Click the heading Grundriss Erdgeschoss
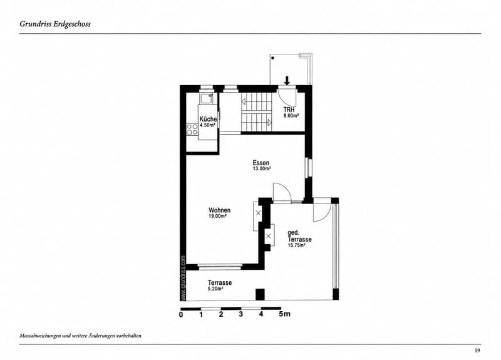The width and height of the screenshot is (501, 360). [x=55, y=24]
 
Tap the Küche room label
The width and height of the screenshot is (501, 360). [x=209, y=119]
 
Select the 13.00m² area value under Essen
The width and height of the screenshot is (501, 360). [x=262, y=168]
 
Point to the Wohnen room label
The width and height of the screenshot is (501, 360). [x=220, y=210]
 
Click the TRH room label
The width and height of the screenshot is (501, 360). [x=289, y=110]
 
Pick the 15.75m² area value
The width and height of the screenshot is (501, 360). [x=296, y=245]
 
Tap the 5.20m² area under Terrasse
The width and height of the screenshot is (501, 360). [x=215, y=289]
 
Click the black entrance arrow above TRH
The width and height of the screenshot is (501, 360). [x=287, y=81]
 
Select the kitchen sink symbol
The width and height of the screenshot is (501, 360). [x=207, y=98]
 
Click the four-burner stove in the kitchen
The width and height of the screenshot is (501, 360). [x=192, y=130]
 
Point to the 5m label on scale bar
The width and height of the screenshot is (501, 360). [x=285, y=314]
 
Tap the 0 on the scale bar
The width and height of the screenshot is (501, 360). [x=181, y=315]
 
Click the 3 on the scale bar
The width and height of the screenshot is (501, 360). [x=241, y=314]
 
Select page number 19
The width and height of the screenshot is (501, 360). [x=477, y=351]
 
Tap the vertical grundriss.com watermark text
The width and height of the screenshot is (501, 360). [x=183, y=277]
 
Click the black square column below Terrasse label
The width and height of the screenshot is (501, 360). [x=260, y=294]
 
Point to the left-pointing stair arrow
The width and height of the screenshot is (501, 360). [x=244, y=101]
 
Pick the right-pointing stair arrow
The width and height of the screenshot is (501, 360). [x=270, y=122]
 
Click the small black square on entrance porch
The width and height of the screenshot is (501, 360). [x=273, y=58]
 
